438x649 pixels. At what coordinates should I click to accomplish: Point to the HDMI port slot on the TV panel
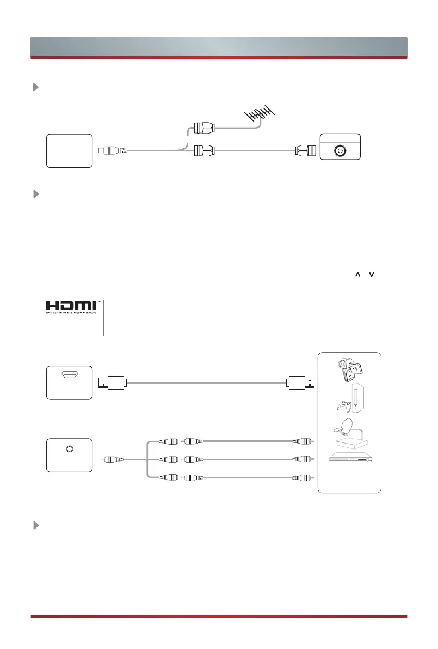point(69,375)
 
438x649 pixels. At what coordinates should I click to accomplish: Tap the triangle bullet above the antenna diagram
point(36,87)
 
